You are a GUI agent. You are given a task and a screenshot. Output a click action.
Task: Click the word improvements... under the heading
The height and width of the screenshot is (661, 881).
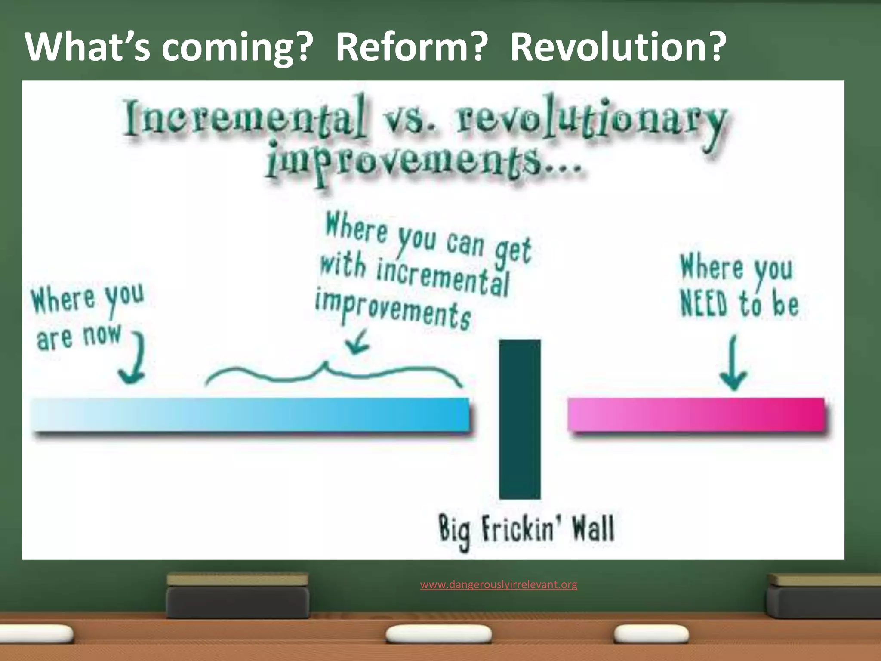(424, 166)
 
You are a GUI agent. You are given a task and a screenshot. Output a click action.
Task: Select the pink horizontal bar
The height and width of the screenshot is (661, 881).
(696, 414)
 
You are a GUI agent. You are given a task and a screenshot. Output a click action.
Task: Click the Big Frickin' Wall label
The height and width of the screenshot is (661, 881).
(526, 529)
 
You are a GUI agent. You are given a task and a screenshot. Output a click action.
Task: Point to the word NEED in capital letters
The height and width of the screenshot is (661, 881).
(704, 303)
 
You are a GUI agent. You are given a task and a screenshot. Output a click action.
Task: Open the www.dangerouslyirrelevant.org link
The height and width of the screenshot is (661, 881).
(499, 584)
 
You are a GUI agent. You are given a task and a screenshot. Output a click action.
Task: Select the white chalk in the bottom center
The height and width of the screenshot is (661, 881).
(438, 634)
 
